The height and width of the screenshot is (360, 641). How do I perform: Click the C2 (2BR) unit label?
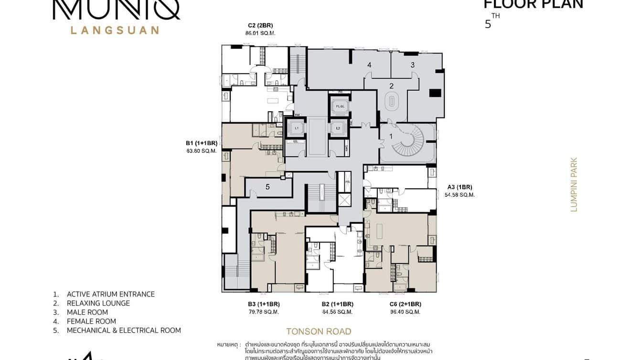pos(260,25)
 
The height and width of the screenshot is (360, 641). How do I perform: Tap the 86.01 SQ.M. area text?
pos(260,33)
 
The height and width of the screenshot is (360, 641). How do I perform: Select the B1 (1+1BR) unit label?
pos(202,143)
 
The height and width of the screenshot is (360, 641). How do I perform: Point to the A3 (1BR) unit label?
pos(459,187)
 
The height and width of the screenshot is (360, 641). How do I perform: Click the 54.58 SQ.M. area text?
pos(459,195)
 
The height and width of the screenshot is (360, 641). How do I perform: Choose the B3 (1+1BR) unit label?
pos(264,304)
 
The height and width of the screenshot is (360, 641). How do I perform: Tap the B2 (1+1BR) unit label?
pos(337,304)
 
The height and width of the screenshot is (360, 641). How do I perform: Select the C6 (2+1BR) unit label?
pos(405,304)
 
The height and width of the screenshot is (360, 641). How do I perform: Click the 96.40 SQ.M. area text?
pos(405,312)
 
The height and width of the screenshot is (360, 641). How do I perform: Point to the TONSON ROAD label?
pos(319,331)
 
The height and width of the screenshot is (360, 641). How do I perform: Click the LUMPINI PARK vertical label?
pos(574,185)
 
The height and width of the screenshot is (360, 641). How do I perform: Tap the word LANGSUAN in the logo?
pos(115,30)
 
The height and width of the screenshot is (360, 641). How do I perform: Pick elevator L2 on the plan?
pos(338,128)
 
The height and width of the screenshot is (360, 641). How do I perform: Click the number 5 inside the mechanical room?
pos(267,187)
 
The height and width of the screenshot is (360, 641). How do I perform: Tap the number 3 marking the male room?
pos(413,64)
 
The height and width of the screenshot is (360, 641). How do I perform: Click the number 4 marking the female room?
pos(369,64)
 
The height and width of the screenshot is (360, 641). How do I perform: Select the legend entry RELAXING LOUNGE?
pos(98,303)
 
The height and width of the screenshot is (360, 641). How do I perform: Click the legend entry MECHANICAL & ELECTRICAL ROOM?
pos(123,330)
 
